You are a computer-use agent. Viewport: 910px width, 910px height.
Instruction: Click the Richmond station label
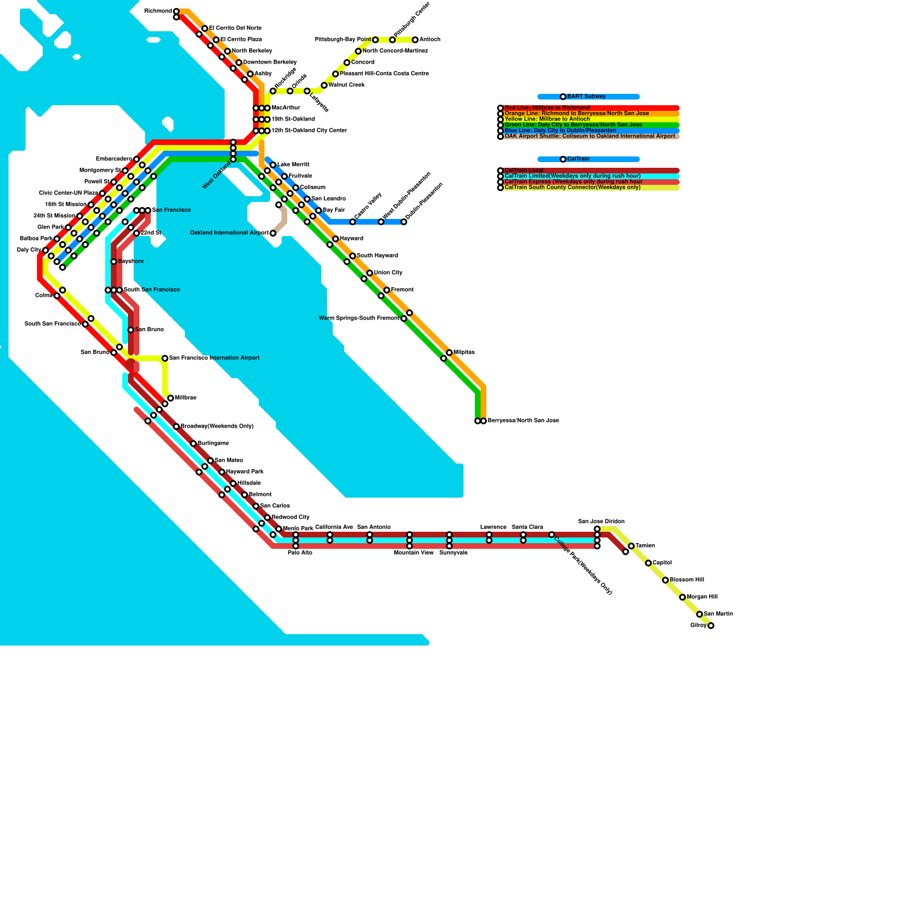pyautogui.click(x=158, y=11)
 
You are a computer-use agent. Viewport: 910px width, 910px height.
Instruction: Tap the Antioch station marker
pyautogui.click(x=415, y=40)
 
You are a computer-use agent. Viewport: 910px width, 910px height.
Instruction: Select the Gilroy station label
pyautogui.click(x=698, y=626)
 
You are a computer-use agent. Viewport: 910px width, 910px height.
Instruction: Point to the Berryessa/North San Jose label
pyautogui.click(x=523, y=421)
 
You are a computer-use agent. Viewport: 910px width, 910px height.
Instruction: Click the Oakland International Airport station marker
pyautogui.click(x=273, y=233)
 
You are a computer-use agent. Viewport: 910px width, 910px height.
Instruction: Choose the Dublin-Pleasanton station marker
pyautogui.click(x=404, y=222)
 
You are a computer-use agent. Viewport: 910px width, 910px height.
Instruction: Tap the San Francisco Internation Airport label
pyautogui.click(x=214, y=358)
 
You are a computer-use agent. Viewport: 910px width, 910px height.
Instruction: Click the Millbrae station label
pyautogui.click(x=185, y=398)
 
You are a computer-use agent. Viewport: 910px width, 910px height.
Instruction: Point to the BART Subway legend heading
pyautogui.click(x=586, y=97)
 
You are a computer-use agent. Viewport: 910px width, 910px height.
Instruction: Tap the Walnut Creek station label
pyautogui.click(x=347, y=85)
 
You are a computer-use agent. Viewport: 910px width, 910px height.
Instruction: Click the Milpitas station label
pyautogui.click(x=464, y=353)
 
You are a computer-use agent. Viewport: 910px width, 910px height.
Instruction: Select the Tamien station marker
pyautogui.click(x=631, y=546)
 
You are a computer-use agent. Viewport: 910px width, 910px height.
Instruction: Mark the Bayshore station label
pyautogui.click(x=131, y=262)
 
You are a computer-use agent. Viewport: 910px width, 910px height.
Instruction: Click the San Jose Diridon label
pyautogui.click(x=601, y=522)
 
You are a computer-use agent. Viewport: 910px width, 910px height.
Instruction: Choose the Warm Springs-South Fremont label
pyautogui.click(x=359, y=318)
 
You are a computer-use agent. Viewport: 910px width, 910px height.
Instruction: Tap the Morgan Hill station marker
pyautogui.click(x=682, y=597)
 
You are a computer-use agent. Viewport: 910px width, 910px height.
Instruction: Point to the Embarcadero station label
pyautogui.click(x=114, y=159)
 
